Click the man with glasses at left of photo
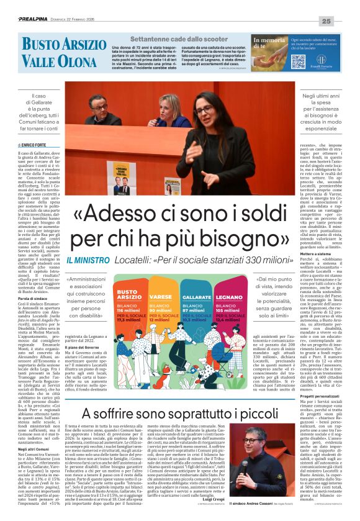pyautogui.click(x=97, y=109)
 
